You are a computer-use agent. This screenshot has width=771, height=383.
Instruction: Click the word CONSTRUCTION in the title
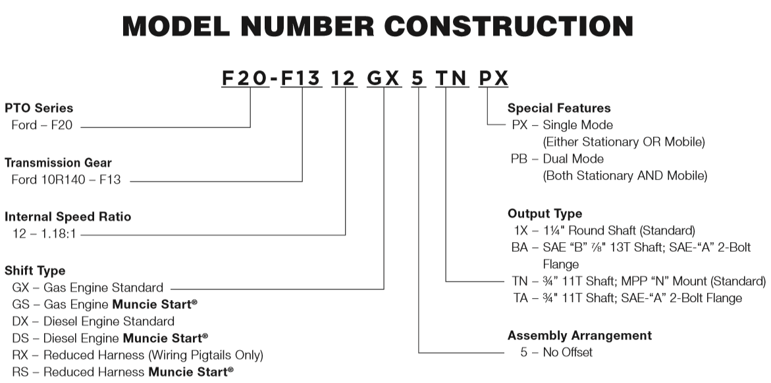[509, 26]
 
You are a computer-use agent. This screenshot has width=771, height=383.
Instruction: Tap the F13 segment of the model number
[301, 78]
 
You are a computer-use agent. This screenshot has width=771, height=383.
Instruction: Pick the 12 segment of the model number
[344, 78]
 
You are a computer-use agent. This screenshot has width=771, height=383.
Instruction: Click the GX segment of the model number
[384, 78]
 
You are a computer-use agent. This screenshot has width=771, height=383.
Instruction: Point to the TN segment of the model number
[452, 78]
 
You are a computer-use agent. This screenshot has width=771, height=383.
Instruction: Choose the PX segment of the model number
[493, 78]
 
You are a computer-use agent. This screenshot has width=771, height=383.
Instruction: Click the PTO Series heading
[39, 108]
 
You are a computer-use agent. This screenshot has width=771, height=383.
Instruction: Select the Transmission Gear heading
[58, 163]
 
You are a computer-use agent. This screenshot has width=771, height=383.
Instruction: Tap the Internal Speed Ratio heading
[68, 217]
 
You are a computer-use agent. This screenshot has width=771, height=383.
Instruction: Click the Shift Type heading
[35, 271]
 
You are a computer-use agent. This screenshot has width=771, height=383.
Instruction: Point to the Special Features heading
[559, 108]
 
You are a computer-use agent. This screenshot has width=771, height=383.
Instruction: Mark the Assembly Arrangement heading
[579, 336]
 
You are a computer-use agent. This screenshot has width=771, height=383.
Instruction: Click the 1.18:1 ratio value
[59, 234]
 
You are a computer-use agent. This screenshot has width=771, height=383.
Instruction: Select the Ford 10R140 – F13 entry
[66, 180]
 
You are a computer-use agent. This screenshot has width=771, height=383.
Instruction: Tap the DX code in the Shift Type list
[20, 322]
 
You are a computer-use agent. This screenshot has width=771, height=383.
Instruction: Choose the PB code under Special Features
[519, 159]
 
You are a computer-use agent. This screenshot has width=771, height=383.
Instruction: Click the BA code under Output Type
[519, 247]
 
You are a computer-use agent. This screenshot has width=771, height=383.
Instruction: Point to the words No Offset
[568, 352]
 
